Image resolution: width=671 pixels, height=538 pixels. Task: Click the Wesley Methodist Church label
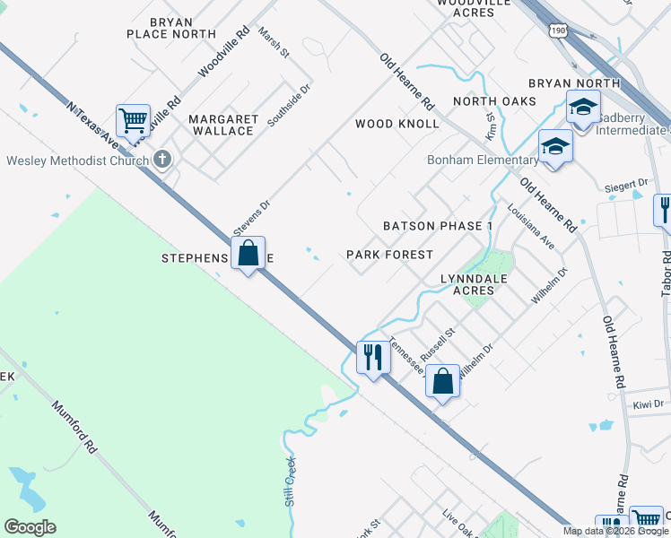[77, 161]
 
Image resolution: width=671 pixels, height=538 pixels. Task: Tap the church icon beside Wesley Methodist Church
[162, 160]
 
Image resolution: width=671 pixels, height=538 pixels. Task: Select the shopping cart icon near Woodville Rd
[133, 119]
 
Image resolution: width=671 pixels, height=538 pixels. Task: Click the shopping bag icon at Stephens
[248, 254]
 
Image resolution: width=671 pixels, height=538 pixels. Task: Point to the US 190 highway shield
[556, 30]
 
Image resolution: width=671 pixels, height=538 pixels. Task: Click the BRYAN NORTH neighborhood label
[574, 83]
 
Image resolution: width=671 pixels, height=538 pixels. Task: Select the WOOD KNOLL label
[397, 124]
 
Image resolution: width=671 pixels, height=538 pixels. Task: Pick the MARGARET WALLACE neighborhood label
[222, 125]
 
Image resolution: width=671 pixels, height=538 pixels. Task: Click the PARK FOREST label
[389, 255]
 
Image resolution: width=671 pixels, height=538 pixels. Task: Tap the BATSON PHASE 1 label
[438, 226]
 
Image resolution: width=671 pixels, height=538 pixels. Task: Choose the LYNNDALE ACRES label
[467, 284]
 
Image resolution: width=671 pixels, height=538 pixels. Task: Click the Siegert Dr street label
[627, 184]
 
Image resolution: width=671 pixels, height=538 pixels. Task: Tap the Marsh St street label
[273, 42]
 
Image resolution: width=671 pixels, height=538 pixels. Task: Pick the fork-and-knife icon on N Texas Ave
[371, 357]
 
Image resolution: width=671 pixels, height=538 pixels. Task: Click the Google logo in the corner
[30, 527]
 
